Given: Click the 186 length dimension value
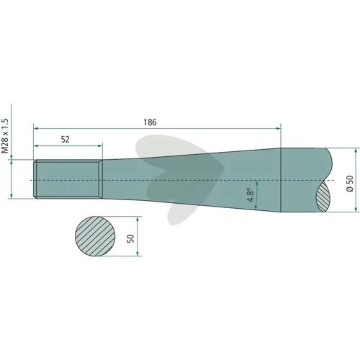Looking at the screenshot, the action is click(150, 122).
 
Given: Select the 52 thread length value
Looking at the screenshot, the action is click(65, 140).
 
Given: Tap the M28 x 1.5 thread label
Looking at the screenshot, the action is click(5, 136).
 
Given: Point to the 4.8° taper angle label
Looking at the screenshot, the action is click(251, 195).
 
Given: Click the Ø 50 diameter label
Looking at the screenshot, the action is click(350, 184).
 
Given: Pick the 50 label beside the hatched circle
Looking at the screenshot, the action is click(131, 238).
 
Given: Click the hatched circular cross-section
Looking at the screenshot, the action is click(95, 236).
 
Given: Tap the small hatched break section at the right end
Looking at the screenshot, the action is click(323, 197).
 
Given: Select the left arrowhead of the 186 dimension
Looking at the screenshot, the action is click(36, 129).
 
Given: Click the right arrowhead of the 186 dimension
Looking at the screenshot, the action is click(278, 129).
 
